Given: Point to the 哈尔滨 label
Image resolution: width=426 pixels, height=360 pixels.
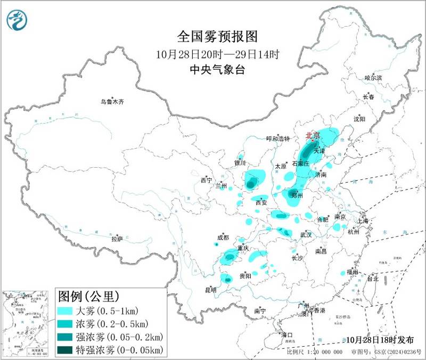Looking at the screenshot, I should click(x=373, y=78).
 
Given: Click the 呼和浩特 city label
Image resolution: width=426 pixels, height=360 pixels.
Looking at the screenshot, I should click(x=277, y=138).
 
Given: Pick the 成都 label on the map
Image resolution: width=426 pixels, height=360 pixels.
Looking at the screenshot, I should click(x=223, y=238).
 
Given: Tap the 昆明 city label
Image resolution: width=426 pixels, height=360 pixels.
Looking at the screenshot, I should click(x=210, y=290).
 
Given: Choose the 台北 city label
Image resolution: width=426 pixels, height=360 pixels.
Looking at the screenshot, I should click(x=372, y=279).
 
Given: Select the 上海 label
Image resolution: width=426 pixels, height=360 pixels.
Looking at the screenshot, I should click(x=364, y=220).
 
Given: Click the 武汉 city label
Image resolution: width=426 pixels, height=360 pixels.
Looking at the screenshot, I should click(x=306, y=234).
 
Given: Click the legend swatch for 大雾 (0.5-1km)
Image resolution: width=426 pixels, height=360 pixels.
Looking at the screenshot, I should click(x=65, y=310).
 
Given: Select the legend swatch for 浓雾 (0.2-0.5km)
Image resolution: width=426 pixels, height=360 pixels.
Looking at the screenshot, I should click(x=65, y=324).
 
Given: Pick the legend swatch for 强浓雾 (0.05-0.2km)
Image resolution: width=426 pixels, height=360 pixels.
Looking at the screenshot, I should click(x=65, y=337).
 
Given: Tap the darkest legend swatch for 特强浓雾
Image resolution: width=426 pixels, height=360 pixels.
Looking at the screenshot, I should click(x=65, y=349).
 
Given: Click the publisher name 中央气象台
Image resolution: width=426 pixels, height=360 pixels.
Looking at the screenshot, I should click(x=217, y=69).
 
